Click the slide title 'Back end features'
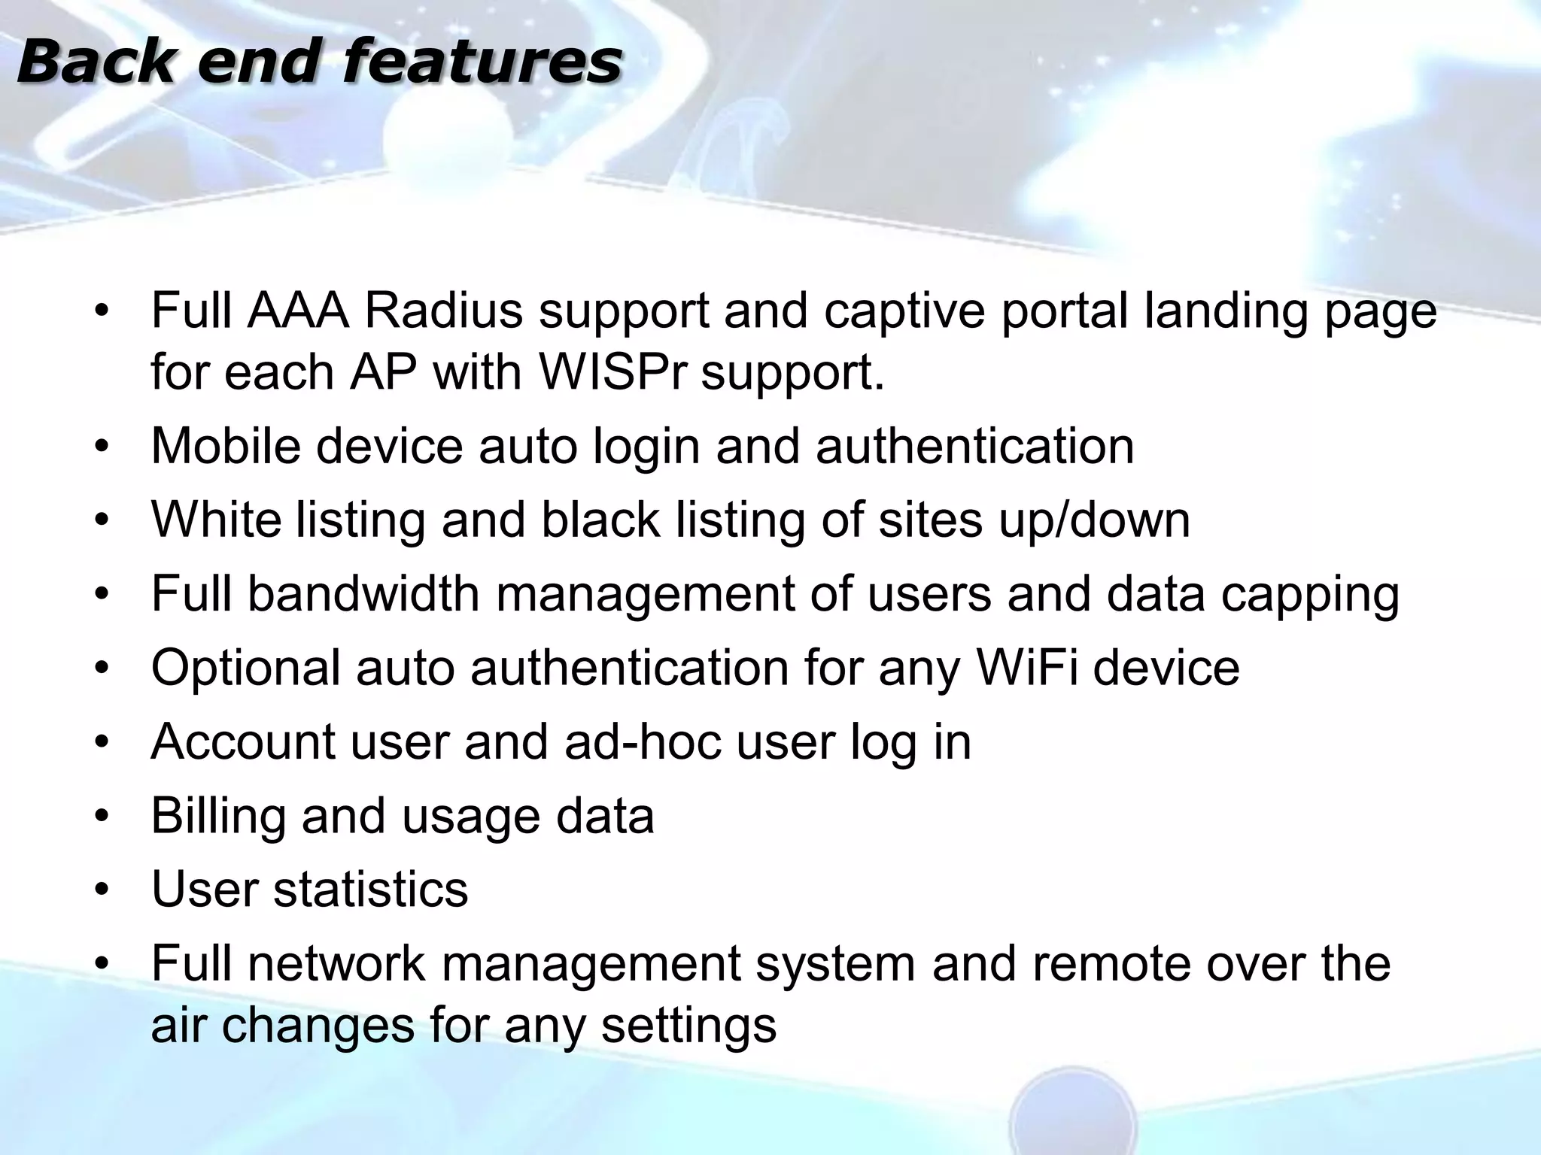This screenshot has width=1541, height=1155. (x=319, y=62)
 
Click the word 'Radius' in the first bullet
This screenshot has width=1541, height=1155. (x=443, y=311)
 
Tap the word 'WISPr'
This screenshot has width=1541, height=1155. (x=612, y=371)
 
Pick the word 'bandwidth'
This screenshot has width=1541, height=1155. (x=363, y=593)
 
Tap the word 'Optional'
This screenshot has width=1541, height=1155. (x=246, y=668)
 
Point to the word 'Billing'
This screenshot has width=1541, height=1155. (x=218, y=817)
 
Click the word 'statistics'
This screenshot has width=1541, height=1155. (x=370, y=890)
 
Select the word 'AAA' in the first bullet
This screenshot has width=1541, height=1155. (x=298, y=311)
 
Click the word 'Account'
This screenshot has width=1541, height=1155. (x=243, y=741)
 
